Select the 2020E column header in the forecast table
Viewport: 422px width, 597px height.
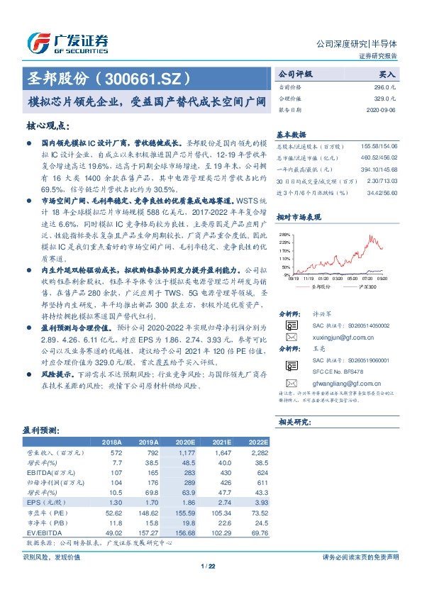click(x=186, y=441)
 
